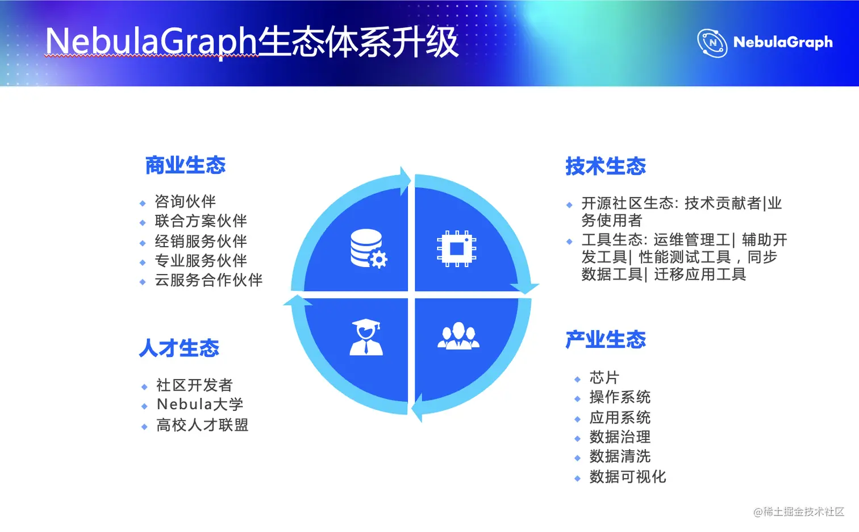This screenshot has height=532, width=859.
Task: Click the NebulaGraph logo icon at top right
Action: click(712, 43)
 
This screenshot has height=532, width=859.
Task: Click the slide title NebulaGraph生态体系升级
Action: click(252, 42)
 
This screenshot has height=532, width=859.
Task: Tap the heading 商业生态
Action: click(186, 165)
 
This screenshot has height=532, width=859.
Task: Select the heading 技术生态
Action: click(606, 166)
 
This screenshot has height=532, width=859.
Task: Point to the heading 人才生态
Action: click(179, 348)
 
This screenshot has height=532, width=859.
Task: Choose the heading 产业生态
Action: click(606, 339)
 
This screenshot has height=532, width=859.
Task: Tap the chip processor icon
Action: click(456, 248)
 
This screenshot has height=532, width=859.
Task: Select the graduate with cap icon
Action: click(366, 337)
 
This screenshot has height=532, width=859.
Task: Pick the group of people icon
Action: click(458, 336)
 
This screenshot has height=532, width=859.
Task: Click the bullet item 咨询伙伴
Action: click(185, 201)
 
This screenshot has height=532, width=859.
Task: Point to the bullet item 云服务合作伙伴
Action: click(209, 280)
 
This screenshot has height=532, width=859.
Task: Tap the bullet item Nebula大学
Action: click(200, 404)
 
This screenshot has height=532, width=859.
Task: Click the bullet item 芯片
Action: click(604, 377)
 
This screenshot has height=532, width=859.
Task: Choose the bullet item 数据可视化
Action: click(628, 477)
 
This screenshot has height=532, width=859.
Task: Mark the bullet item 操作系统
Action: click(620, 397)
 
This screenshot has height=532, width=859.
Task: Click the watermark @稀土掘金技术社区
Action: click(799, 512)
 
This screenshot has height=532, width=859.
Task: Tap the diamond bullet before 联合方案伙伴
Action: click(143, 222)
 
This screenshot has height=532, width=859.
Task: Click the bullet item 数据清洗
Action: click(620, 456)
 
